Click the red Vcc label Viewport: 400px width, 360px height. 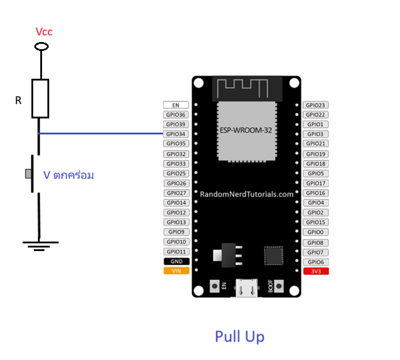(44, 32)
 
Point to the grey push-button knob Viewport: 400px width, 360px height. (28, 174)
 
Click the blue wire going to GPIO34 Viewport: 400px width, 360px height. (101, 133)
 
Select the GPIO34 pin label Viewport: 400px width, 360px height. (176, 134)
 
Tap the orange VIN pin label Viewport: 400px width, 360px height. (176, 271)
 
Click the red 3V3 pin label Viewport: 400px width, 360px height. (316, 271)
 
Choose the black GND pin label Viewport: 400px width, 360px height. (177, 261)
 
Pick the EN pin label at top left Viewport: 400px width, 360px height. (176, 105)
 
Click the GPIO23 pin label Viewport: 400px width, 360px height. (316, 105)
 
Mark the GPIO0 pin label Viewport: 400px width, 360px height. (316, 232)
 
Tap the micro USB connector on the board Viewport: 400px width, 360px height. (247, 288)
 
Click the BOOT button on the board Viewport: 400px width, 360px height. (279, 286)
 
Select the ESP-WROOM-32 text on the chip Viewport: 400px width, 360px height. (246, 130)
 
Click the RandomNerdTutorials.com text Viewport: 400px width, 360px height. (247, 194)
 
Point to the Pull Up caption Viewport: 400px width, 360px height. (239, 336)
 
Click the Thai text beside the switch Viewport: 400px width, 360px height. (68, 175)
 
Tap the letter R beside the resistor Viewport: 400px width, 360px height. (18, 101)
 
